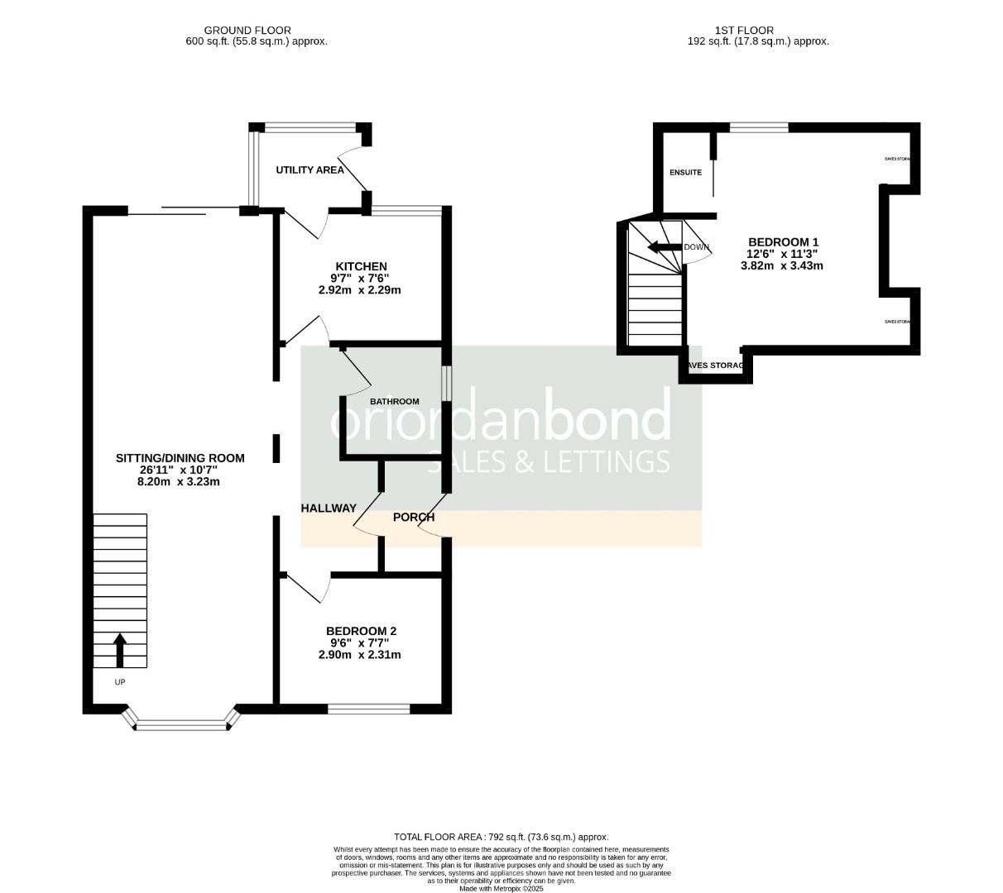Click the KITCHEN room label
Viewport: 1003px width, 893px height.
(360, 266)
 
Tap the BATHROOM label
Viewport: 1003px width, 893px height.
(394, 402)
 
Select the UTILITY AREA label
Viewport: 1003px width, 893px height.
(310, 170)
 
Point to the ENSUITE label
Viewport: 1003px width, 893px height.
(685, 173)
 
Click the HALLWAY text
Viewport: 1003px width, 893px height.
(329, 509)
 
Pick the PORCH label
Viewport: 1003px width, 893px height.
(413, 518)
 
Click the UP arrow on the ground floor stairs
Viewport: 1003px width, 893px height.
(119, 650)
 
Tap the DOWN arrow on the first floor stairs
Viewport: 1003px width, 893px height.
(663, 247)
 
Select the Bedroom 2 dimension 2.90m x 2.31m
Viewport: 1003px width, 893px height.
(359, 655)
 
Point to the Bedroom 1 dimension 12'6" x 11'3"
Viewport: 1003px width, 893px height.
(781, 254)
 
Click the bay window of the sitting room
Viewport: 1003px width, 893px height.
(181, 725)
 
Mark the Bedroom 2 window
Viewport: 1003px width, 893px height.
(369, 709)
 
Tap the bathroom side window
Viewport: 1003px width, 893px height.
(446, 384)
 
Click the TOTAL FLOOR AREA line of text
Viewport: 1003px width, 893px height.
(501, 837)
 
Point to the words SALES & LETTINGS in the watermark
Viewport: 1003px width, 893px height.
(548, 461)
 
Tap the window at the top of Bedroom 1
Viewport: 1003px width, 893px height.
(758, 127)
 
